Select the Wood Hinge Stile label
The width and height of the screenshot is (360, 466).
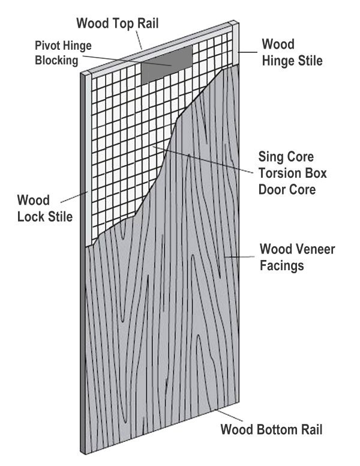[291, 52]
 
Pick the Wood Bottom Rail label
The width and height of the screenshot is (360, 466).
[272, 430]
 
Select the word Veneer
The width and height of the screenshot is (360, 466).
[310, 249]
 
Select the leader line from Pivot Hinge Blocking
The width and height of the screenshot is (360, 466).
[126, 58]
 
